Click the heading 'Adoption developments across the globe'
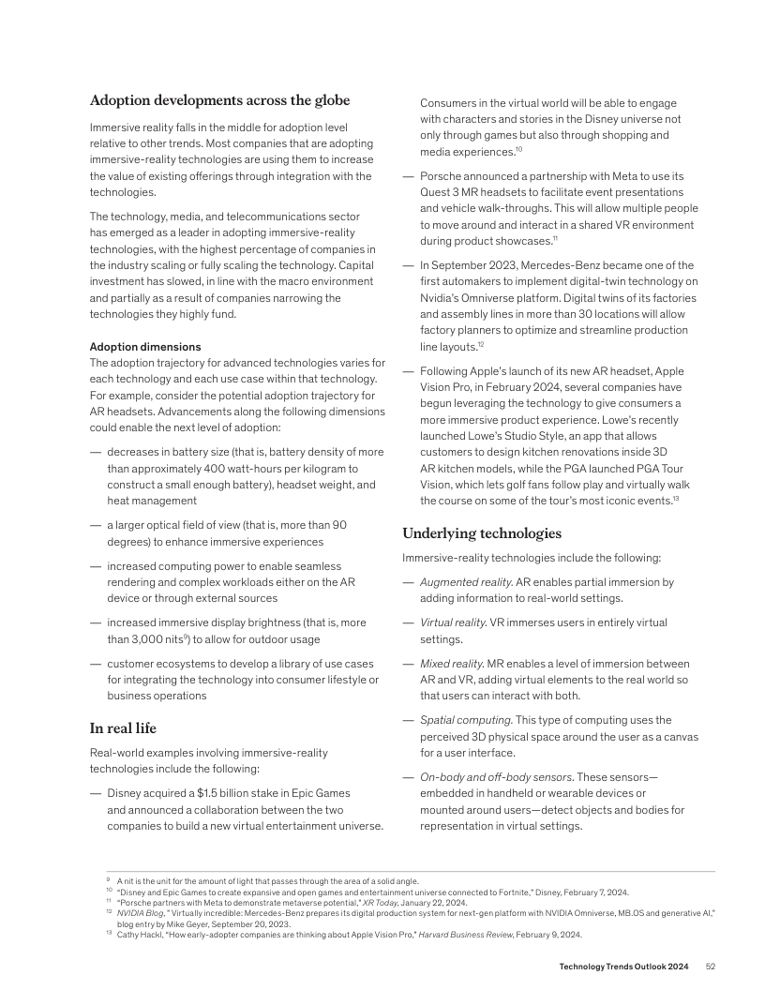coord(219,101)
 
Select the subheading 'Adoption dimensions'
coord(144,347)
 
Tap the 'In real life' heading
coord(123,728)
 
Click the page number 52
coord(711,966)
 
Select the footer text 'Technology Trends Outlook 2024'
coord(625,966)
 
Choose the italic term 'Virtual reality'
coord(453,622)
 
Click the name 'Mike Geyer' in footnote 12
coord(178,924)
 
